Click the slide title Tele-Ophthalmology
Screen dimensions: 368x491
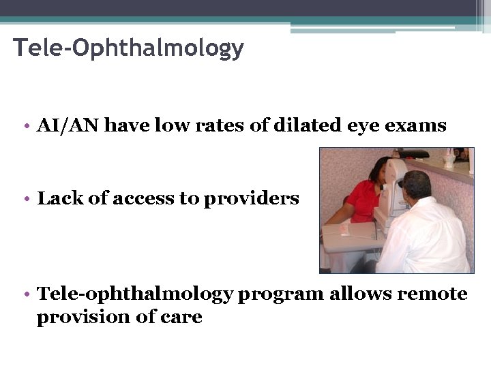click(x=128, y=48)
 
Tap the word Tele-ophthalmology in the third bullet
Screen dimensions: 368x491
click(x=135, y=294)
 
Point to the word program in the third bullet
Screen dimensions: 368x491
click(x=281, y=295)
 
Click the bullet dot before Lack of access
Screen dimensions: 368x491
click(x=25, y=199)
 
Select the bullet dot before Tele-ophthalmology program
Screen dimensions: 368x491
click(x=25, y=294)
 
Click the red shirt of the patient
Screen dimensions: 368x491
click(x=361, y=200)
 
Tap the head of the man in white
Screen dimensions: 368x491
click(x=415, y=185)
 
